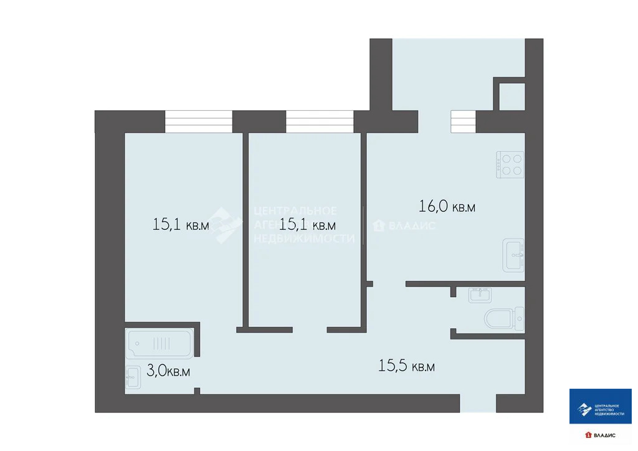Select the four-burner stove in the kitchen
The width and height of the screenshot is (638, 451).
point(510,164)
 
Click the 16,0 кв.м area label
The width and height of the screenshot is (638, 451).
point(446,206)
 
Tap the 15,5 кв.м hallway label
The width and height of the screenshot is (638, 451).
point(406,366)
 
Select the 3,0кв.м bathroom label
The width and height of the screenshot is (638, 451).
point(168,371)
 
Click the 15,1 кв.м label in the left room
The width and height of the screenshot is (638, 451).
point(181,224)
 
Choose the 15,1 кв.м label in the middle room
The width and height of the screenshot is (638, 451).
point(308,224)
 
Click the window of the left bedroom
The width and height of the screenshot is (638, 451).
point(199,121)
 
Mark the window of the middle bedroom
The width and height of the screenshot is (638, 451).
point(320,121)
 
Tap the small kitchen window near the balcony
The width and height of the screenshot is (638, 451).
point(463,121)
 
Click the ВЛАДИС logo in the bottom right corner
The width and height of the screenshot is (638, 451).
point(601,434)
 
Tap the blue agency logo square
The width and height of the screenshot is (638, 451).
point(601,406)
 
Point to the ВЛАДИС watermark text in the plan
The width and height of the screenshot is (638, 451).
point(405,225)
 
